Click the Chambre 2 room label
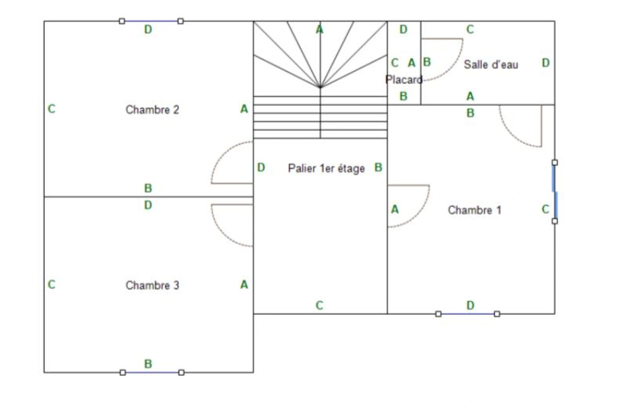click(152, 110)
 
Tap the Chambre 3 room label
click(152, 285)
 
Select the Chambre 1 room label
click(475, 210)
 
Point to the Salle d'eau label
click(491, 65)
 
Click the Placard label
click(404, 80)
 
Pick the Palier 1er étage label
click(326, 169)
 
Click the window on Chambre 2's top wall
click(151, 21)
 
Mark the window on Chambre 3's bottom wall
click(152, 373)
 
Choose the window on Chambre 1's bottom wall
click(468, 314)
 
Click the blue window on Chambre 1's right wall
click(555, 192)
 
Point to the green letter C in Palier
click(319, 306)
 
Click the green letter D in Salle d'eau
click(546, 63)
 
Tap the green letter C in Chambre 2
click(51, 109)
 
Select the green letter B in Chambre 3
click(148, 364)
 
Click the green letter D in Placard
click(403, 29)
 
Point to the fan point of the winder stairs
click(320, 87)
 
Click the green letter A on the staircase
click(320, 29)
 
